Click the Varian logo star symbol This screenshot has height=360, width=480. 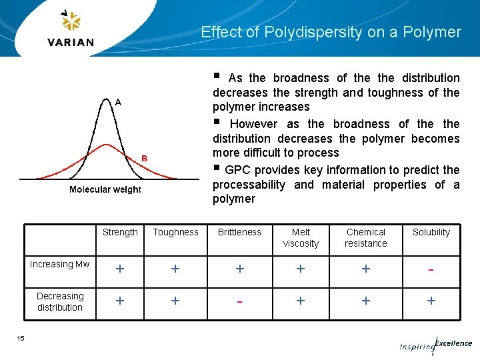[70, 21]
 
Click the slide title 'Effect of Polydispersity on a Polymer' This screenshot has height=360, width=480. [331, 32]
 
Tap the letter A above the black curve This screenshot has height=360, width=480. [118, 102]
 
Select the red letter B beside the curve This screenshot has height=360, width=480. [144, 158]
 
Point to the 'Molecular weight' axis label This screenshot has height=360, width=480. [105, 190]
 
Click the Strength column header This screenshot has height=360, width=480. [120, 232]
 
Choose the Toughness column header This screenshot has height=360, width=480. [175, 232]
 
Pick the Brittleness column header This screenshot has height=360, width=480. [239, 232]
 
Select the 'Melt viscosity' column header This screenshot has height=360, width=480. [301, 238]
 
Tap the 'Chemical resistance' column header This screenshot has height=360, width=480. [365, 238]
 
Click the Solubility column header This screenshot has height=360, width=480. [431, 232]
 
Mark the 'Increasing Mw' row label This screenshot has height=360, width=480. [59, 264]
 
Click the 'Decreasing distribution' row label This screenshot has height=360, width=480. [60, 301]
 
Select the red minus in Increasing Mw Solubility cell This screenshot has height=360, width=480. [431, 269]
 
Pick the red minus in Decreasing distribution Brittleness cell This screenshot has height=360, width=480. [239, 301]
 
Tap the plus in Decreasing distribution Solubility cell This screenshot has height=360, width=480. [431, 301]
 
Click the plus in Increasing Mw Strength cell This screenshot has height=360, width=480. [120, 269]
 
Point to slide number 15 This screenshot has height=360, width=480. [21, 339]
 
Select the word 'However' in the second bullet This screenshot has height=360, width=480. [254, 124]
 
